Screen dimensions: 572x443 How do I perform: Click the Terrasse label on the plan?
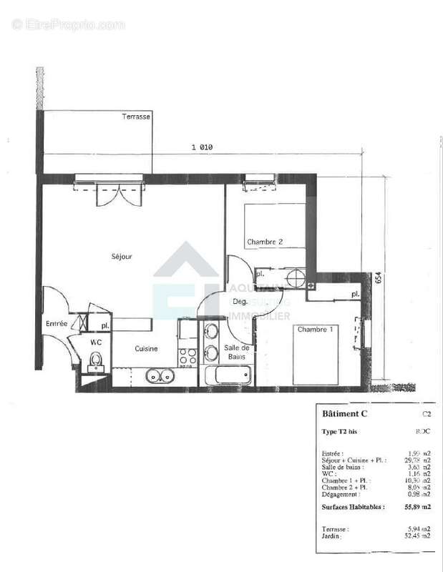[136, 117]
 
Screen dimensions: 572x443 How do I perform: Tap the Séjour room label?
[122, 256]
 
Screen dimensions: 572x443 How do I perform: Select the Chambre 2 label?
[265, 242]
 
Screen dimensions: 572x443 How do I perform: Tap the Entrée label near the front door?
[57, 324]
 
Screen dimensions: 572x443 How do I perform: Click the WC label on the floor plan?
[96, 342]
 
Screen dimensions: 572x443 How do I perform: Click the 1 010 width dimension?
[202, 147]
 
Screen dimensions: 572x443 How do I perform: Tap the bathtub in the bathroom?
[228, 375]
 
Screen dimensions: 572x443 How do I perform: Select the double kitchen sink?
[158, 375]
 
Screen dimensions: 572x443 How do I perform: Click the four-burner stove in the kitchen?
[187, 356]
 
